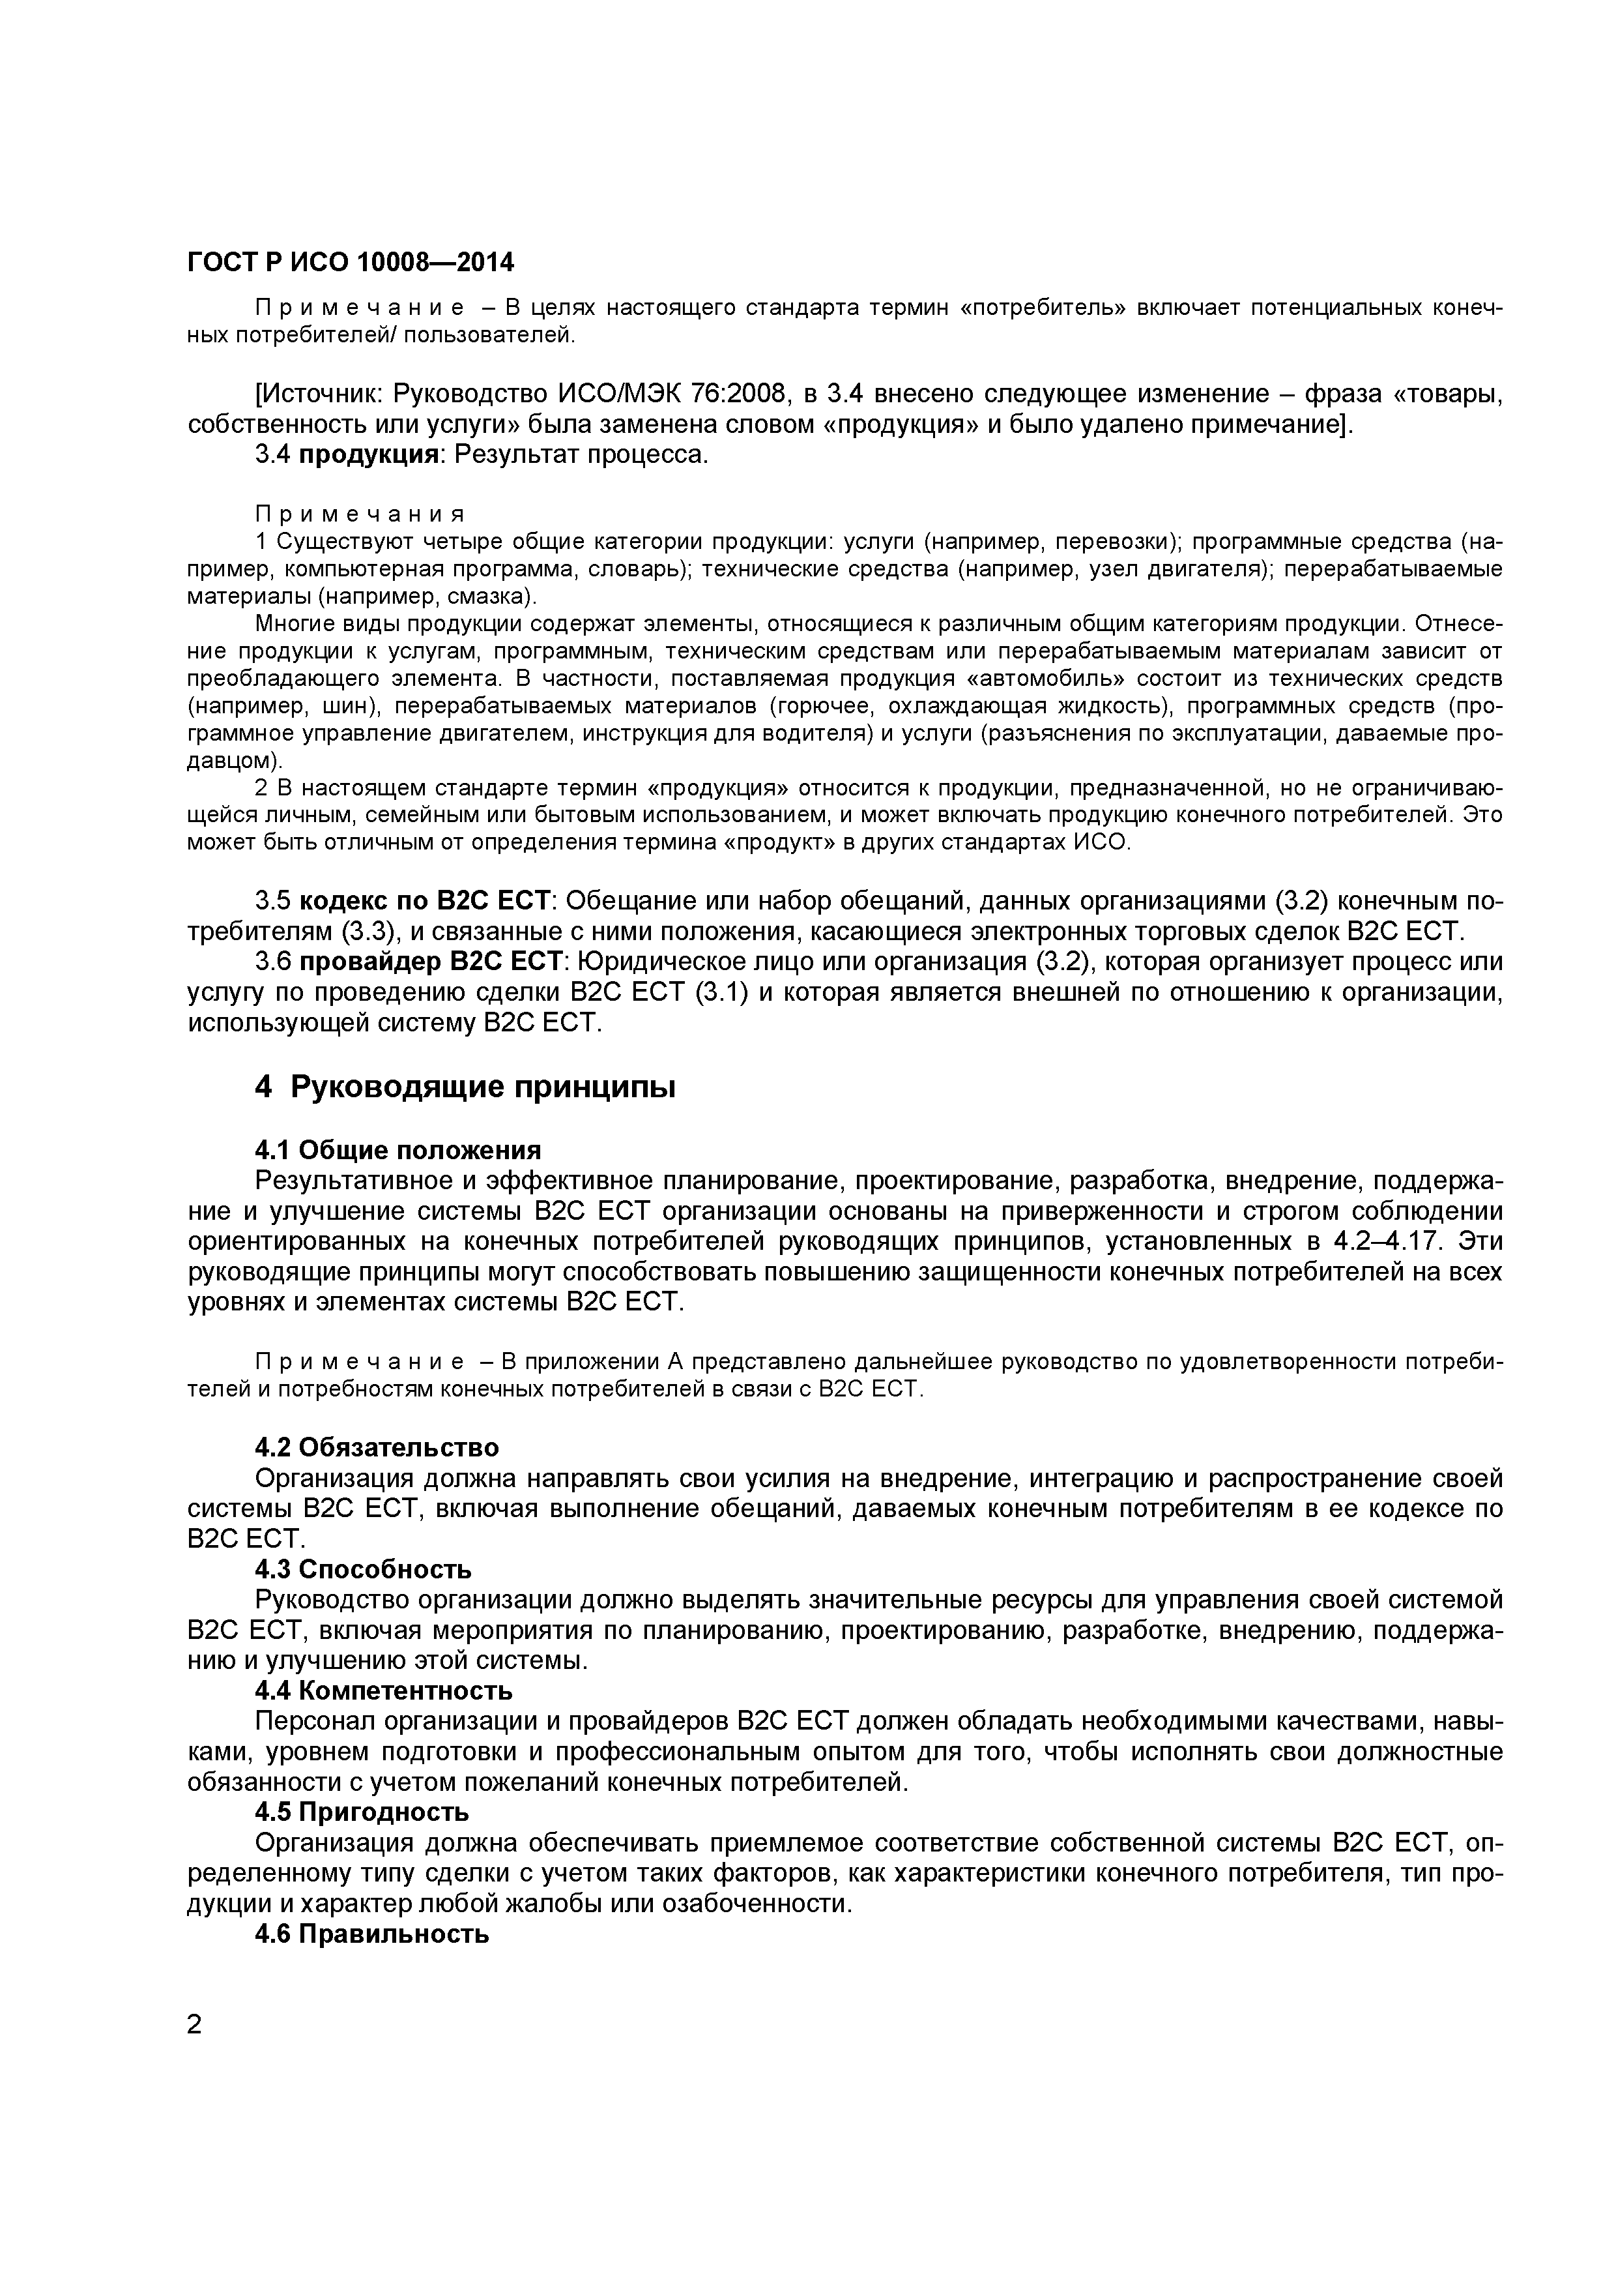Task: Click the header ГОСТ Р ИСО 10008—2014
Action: click(351, 262)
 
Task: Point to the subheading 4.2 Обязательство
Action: click(377, 1446)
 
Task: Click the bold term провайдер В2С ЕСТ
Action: click(432, 962)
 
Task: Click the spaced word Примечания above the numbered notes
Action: click(360, 514)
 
